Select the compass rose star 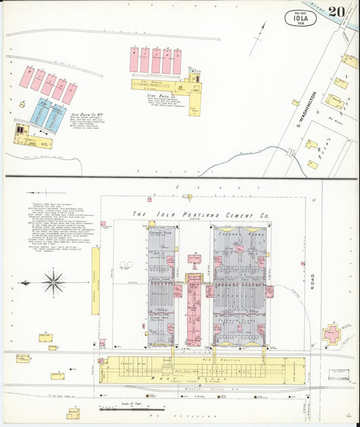point(53,282)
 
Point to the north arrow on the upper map point(259,36)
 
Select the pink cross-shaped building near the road point(331,333)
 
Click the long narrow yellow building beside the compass point(95,291)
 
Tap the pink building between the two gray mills point(194,307)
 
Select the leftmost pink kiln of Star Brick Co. point(134,61)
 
